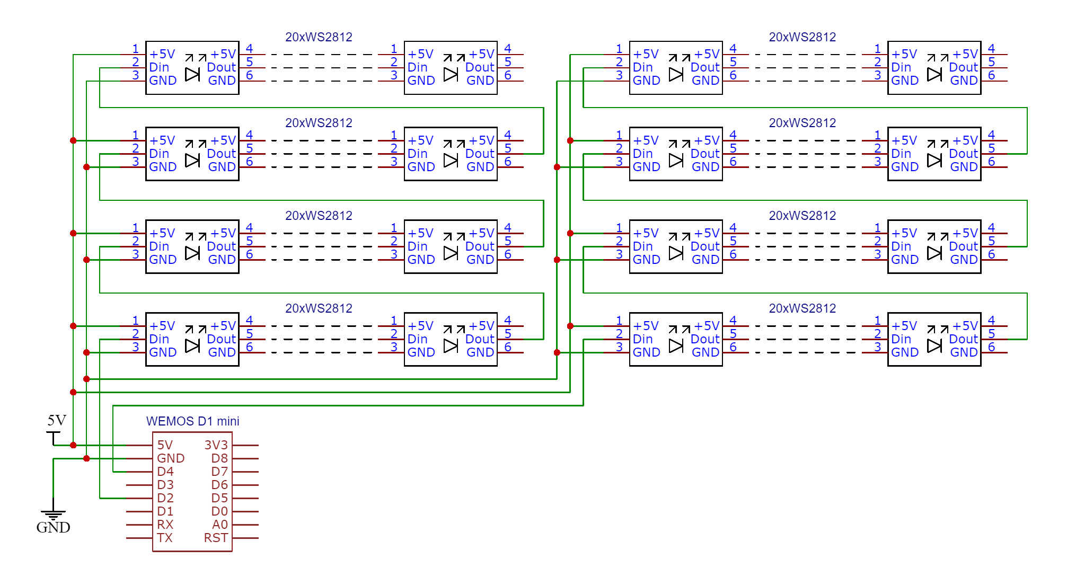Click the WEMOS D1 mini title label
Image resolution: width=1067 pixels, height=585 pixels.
192,421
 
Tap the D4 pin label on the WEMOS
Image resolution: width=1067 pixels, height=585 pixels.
165,472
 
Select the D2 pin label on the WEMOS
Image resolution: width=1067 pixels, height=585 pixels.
165,498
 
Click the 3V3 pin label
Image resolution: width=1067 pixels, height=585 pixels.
216,445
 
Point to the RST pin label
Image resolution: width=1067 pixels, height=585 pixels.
216,538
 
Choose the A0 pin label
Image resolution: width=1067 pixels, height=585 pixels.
220,525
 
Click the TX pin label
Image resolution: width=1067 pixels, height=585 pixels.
165,538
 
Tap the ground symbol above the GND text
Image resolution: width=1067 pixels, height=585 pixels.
53,513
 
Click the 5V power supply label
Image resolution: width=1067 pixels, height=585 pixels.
57,421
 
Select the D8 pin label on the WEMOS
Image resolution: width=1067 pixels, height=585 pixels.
219,458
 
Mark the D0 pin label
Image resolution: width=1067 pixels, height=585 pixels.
219,511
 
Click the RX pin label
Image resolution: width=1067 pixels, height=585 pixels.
165,525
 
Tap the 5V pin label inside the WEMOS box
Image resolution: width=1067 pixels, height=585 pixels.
165,445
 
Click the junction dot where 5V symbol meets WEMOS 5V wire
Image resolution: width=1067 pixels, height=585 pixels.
73,445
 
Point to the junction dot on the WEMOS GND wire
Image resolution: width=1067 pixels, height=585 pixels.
86,458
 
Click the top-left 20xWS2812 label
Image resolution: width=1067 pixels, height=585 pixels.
319,37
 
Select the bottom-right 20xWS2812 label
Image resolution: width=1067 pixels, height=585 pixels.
802,308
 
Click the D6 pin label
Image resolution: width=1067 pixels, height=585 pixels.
219,485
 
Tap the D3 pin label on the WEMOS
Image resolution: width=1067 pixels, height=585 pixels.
165,485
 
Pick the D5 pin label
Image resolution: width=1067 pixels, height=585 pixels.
219,498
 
